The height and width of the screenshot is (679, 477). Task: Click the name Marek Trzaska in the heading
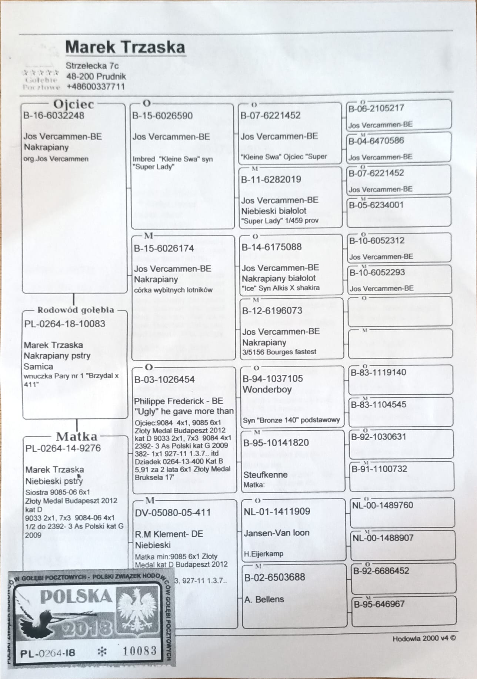click(125, 47)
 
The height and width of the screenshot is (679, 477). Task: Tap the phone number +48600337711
click(96, 87)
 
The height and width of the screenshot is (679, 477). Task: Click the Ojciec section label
click(74, 104)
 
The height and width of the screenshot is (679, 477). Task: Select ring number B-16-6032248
click(54, 115)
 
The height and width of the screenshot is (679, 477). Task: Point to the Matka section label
click(77, 436)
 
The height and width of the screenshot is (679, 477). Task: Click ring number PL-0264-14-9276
click(63, 448)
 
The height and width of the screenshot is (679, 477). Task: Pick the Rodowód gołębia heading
click(76, 310)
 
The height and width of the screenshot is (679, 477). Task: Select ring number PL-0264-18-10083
click(65, 324)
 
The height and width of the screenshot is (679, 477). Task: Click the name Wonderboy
click(267, 390)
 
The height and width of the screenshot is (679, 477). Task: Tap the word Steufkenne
click(265, 475)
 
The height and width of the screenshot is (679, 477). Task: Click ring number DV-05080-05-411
click(173, 513)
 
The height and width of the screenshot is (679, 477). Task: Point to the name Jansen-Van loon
click(276, 533)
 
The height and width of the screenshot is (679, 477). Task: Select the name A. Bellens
click(264, 599)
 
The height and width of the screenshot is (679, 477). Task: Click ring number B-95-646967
click(379, 604)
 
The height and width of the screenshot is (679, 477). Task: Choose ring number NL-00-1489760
click(383, 505)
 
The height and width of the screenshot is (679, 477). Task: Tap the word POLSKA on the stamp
click(76, 596)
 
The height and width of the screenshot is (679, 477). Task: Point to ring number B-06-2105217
click(376, 108)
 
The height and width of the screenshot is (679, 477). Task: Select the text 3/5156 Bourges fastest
click(279, 352)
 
